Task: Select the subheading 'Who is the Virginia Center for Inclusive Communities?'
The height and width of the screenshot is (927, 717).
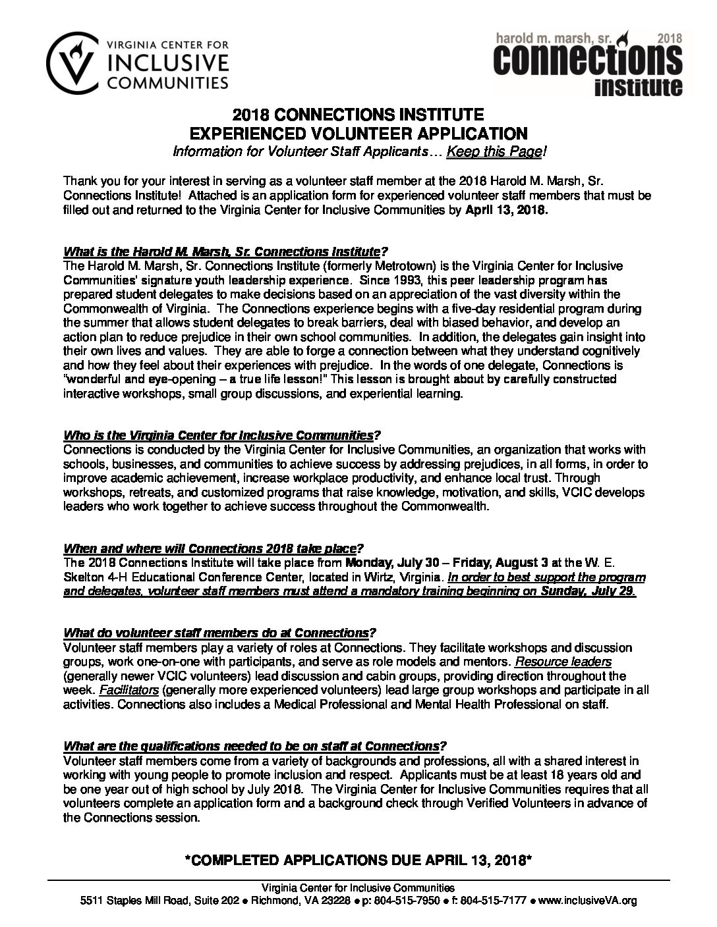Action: coord(222,435)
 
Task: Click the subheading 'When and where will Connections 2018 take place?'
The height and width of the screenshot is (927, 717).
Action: coord(214,548)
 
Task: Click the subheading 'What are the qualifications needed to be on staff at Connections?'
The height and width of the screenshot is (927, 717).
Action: coord(254,746)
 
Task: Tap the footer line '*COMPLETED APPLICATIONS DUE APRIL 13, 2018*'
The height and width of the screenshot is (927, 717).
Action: coord(358,862)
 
